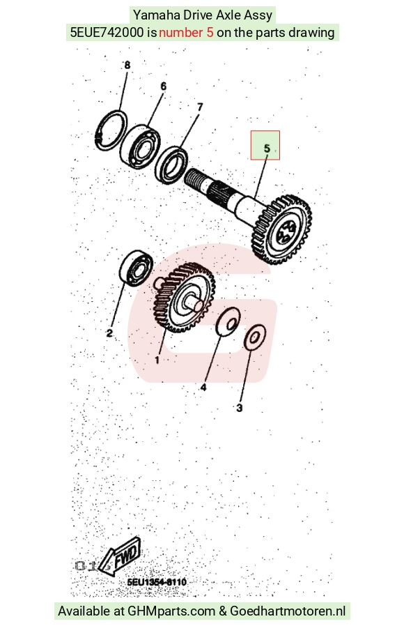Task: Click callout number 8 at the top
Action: coord(127,65)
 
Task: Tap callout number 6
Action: coord(163,86)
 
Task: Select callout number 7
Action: coord(200,107)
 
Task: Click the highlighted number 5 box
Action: coord(265,145)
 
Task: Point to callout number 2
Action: coord(109,333)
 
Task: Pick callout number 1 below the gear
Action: coord(157,360)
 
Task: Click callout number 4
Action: coord(203,388)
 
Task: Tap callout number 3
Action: coord(240,408)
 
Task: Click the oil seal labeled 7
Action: coord(171,165)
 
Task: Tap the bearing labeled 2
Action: coord(136,268)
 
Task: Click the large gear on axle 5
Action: coord(282,230)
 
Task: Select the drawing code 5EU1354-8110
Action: coord(157,581)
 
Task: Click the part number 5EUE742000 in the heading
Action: coord(107,32)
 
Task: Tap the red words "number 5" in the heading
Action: coord(186,32)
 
